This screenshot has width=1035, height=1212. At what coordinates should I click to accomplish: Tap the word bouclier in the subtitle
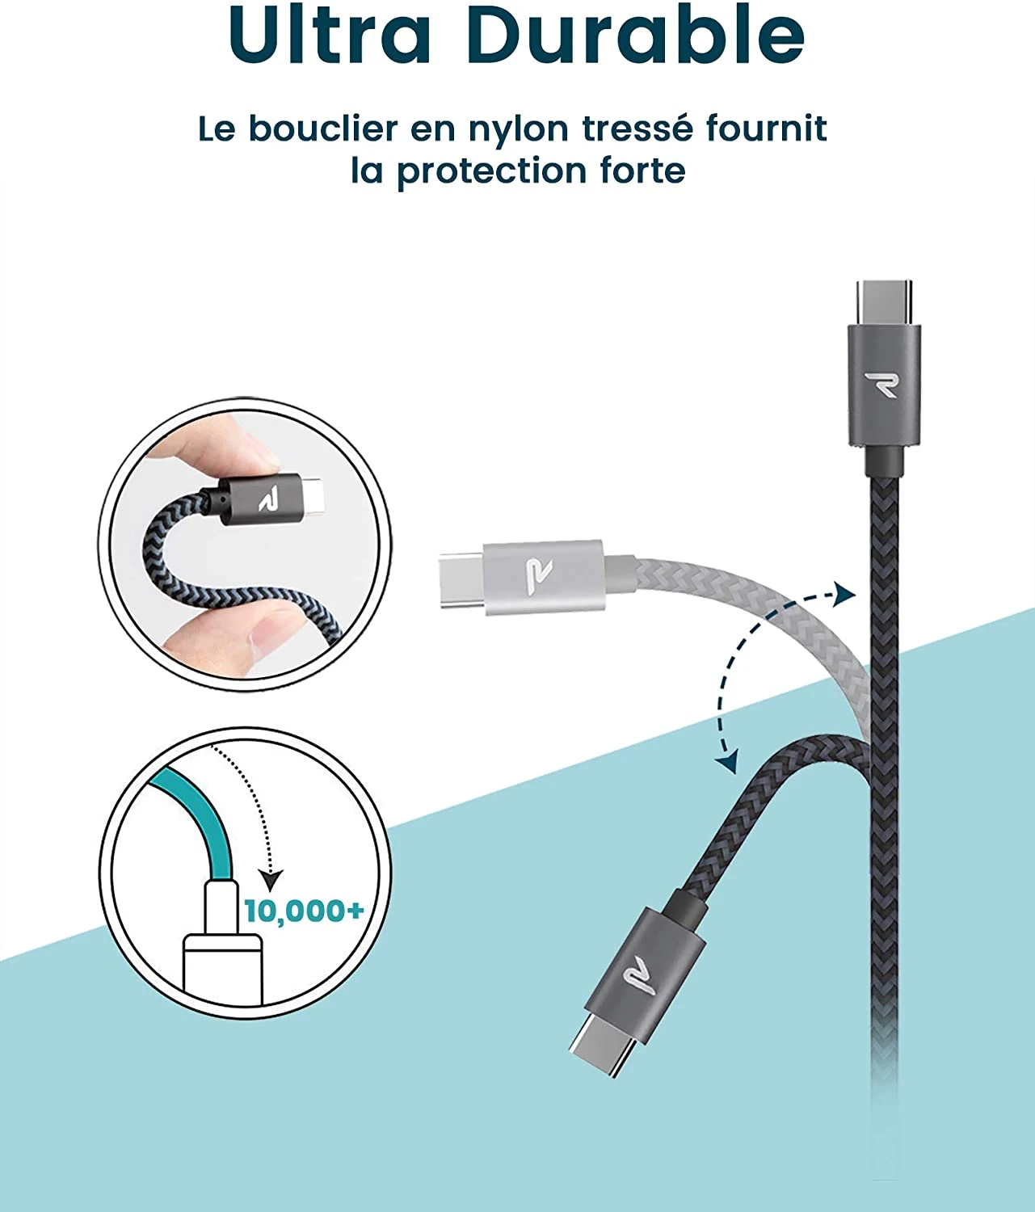point(323,128)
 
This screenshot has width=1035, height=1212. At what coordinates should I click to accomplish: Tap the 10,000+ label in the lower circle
point(304,911)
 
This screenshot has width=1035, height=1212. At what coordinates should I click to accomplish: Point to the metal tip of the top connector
point(884,301)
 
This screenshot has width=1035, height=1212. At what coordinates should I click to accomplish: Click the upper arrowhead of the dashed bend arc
point(845,595)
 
